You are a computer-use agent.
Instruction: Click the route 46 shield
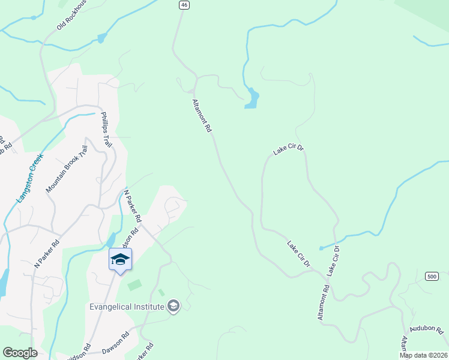(184, 5)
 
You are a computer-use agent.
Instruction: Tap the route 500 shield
(431, 276)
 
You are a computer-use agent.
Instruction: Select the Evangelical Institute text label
(127, 307)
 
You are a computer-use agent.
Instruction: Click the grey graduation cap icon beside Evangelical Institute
(173, 307)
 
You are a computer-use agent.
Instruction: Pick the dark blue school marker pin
(120, 260)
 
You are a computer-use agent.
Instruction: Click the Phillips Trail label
(106, 130)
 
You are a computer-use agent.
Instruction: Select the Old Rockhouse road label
(72, 15)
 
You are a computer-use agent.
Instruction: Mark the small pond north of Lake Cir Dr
(252, 99)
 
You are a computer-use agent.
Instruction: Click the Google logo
(20, 353)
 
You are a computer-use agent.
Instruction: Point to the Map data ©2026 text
(424, 355)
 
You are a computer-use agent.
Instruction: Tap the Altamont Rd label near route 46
(202, 116)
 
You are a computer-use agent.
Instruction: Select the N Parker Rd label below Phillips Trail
(131, 205)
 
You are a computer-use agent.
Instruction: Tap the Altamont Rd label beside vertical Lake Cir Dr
(324, 302)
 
